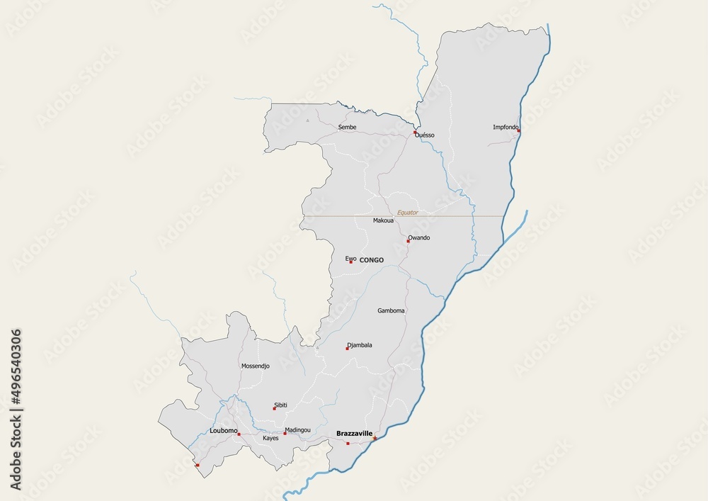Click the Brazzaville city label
354,433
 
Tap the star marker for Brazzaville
375,438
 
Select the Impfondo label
506,127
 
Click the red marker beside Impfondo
519,130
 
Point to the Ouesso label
426,135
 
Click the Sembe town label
347,127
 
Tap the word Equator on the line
408,212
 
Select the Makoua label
383,220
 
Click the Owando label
419,237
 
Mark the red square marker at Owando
408,241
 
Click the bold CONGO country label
372,260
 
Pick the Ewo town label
350,259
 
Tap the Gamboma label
392,310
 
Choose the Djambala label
360,345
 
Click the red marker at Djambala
347,349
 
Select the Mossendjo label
256,366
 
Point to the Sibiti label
281,405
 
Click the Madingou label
297,429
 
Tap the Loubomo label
223,430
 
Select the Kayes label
270,438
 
